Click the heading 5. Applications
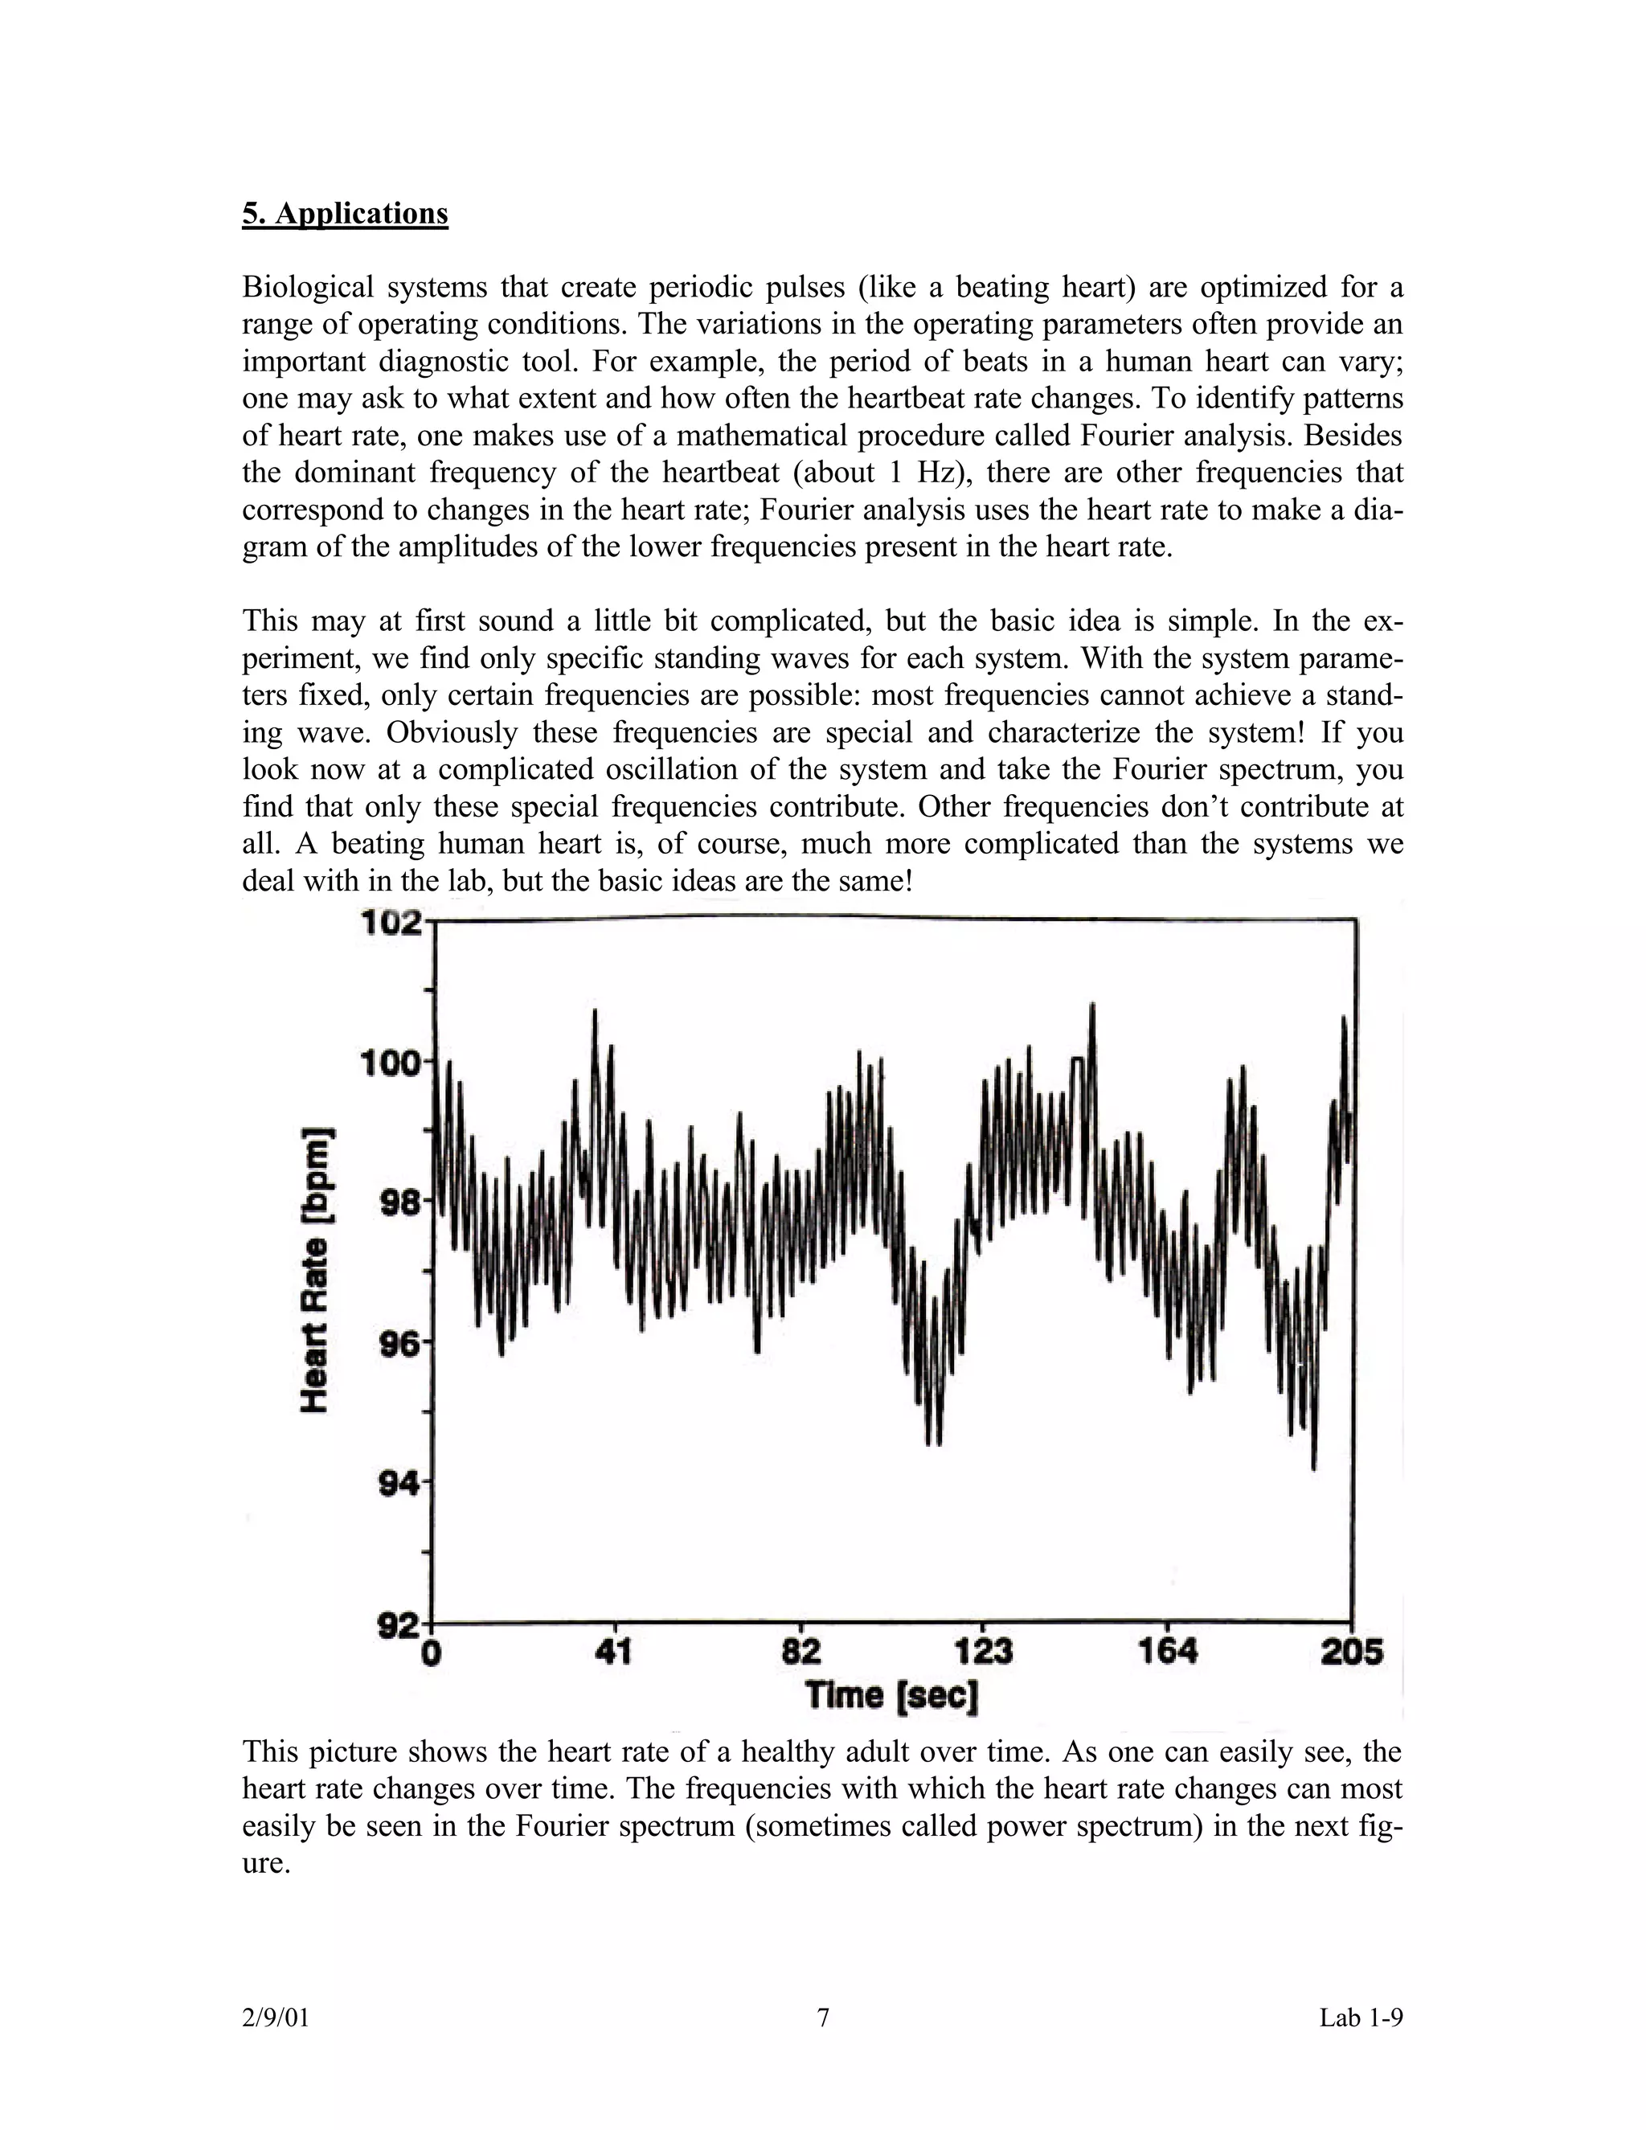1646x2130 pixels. tap(345, 214)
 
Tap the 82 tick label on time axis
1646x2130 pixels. tap(800, 1652)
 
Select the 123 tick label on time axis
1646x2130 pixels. tap(982, 1652)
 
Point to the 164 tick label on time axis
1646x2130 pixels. tap(1167, 1652)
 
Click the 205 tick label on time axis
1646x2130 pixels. tap(1352, 1652)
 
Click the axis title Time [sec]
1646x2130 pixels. tap(891, 1696)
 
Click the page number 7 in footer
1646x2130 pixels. tap(823, 2017)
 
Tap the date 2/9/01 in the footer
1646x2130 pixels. tap(275, 2017)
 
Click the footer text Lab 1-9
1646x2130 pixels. tap(1361, 2017)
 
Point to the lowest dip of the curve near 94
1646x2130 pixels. tap(1313, 1467)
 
